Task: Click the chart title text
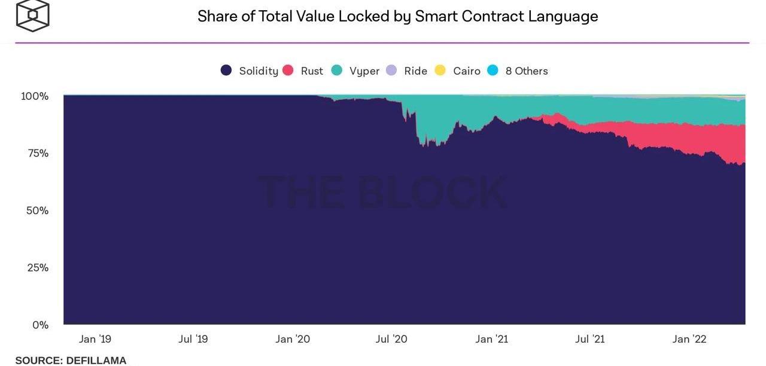pos(397,16)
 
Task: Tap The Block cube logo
pos(32,15)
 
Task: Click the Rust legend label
pos(311,71)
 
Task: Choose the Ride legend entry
pos(415,71)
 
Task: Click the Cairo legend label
pos(466,71)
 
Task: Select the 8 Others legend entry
pos(526,71)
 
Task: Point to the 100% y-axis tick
pos(35,96)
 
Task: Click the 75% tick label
pos(37,153)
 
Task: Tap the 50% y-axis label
pos(37,211)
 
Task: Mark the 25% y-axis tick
pos(37,267)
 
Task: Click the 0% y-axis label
pos(40,325)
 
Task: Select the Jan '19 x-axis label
pos(95,339)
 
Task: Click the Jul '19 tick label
pos(193,339)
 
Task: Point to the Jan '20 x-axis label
pos(293,339)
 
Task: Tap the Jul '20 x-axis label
pos(391,339)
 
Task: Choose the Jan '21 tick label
pos(491,339)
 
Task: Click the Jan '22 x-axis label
pos(689,339)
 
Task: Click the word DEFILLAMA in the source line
pos(96,361)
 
